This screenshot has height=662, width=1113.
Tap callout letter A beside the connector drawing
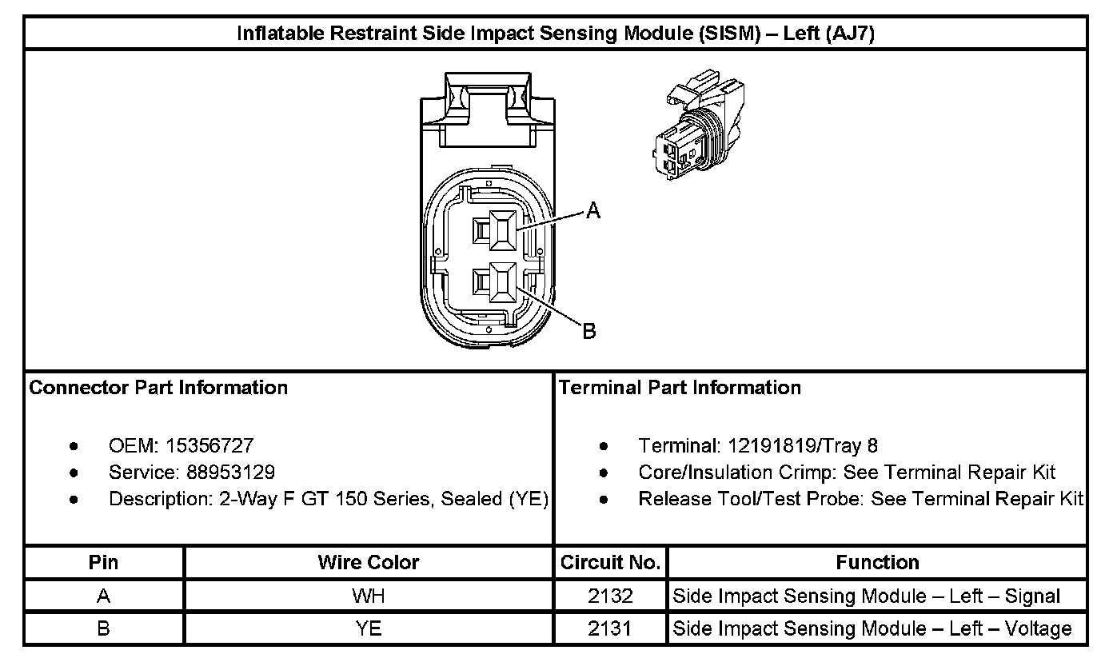tap(592, 211)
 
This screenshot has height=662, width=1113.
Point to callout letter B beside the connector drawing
tap(588, 331)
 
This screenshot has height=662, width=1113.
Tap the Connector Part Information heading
tap(158, 388)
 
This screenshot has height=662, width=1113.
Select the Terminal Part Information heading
tap(680, 388)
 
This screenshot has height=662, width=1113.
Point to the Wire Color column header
tap(368, 563)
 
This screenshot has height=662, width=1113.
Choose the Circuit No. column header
tap(610, 563)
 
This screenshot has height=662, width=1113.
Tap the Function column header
tap(877, 563)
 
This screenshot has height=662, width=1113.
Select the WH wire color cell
tap(368, 596)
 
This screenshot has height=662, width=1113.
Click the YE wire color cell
tap(368, 628)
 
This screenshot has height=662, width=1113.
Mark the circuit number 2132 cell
tap(610, 596)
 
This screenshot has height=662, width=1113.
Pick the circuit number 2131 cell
tap(610, 628)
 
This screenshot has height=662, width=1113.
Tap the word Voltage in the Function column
tap(1033, 629)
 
